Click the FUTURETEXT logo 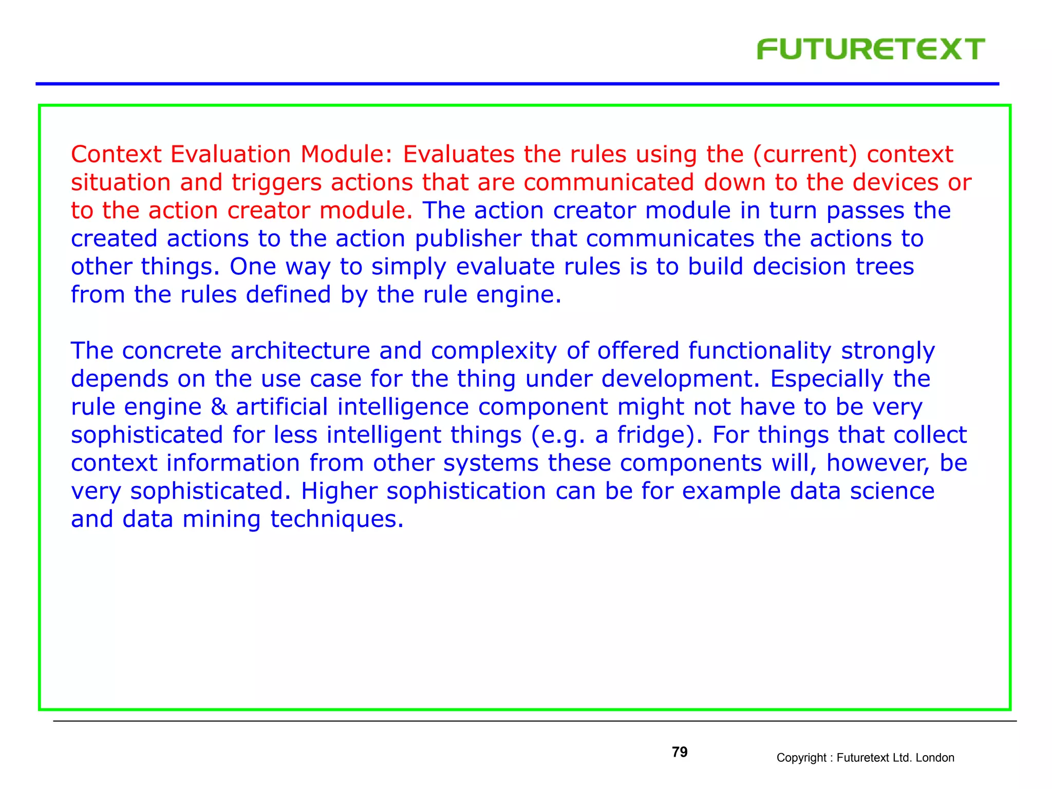[x=870, y=49]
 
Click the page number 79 [x=679, y=752]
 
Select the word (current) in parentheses [x=805, y=155]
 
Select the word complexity [x=494, y=351]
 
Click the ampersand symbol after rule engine [x=219, y=407]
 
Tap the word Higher [x=339, y=491]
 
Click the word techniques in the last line [x=336, y=519]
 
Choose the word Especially [x=826, y=379]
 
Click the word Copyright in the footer [x=801, y=758]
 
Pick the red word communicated [x=609, y=182]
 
